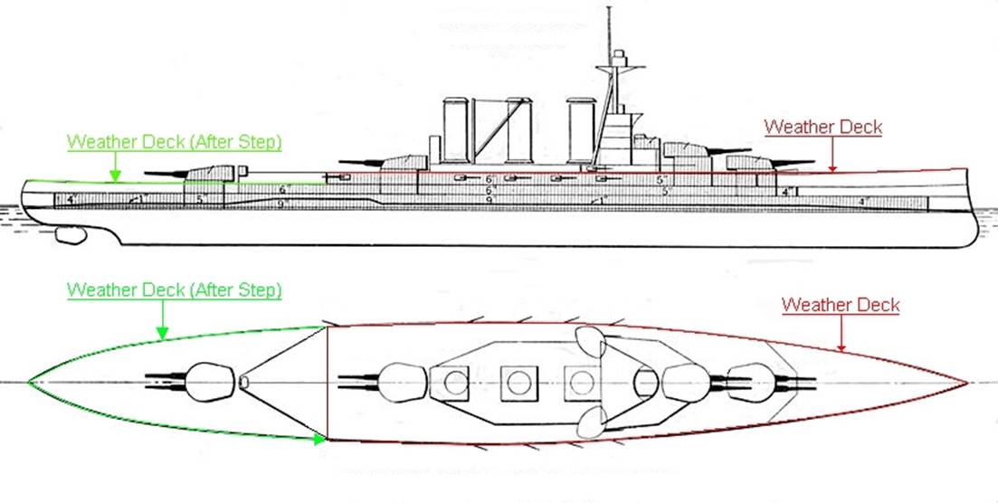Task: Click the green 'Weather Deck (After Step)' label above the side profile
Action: (175, 143)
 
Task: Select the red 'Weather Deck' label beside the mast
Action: (822, 128)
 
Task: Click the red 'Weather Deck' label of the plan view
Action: (841, 305)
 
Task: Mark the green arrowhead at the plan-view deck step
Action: (319, 440)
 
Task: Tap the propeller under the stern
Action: (69, 236)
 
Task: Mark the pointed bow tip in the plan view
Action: (968, 383)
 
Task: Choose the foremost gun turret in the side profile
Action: (747, 161)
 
